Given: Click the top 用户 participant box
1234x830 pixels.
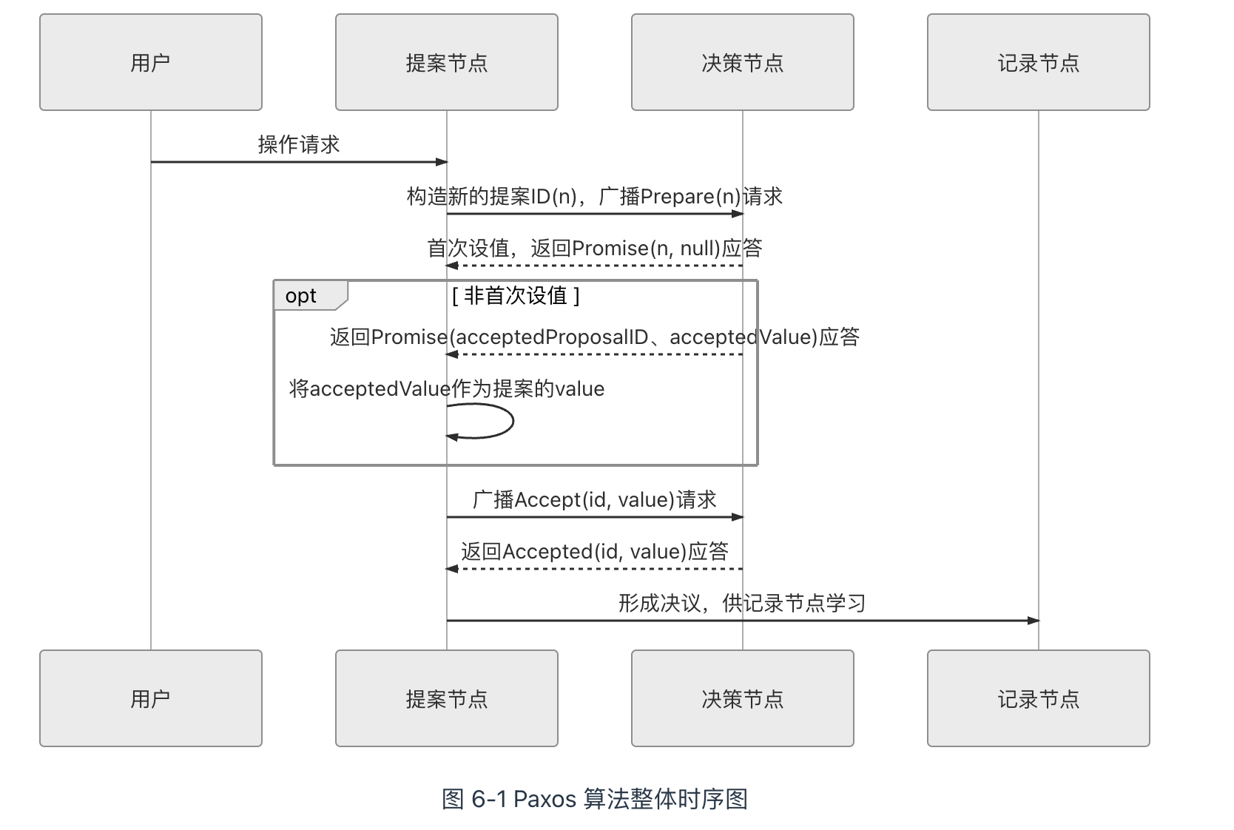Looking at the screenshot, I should point(151,62).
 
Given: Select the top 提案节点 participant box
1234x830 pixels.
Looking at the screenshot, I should point(447,62).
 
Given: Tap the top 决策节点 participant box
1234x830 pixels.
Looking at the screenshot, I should point(743,62).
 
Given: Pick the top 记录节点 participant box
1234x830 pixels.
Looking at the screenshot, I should point(1039,62).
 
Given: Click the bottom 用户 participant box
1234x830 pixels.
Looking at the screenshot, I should point(151,698).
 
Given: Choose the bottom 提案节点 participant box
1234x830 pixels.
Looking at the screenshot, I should point(447,698).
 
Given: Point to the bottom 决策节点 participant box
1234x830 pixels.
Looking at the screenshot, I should point(743,698).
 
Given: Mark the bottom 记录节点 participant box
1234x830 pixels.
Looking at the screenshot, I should point(1039,698).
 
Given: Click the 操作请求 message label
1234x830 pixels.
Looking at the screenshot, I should point(299,144).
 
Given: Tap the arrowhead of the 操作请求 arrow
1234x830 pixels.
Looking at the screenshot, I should point(442,162).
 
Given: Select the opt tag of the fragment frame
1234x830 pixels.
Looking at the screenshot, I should point(302,296).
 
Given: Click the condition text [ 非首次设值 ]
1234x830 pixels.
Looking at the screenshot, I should point(516,296).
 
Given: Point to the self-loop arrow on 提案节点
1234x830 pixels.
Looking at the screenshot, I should point(512,421).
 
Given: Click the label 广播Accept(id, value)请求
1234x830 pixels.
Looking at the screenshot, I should point(595,500).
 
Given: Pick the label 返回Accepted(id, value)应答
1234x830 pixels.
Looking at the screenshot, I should point(595,552).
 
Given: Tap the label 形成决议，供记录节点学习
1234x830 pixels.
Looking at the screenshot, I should point(742,604).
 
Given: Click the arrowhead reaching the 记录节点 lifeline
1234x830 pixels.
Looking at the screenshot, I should point(1034,621).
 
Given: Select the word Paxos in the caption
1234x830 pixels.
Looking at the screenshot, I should point(544,799).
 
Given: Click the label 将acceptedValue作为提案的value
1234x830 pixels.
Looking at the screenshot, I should point(447,389).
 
